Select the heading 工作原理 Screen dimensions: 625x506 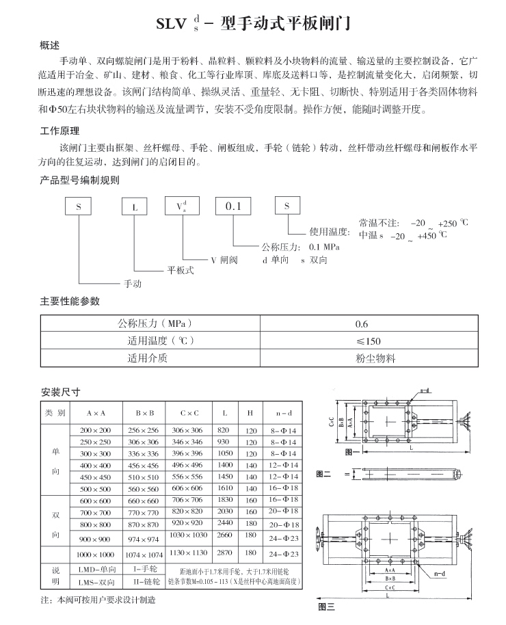[60, 132]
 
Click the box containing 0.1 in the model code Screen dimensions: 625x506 [234, 206]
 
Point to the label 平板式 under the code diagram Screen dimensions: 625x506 [181, 270]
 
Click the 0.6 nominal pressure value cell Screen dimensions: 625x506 [362, 325]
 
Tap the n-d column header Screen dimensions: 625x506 [284, 414]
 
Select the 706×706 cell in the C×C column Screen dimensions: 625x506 [187, 500]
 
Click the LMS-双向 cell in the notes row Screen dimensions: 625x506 [95, 582]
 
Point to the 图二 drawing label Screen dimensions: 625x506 [323, 473]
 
